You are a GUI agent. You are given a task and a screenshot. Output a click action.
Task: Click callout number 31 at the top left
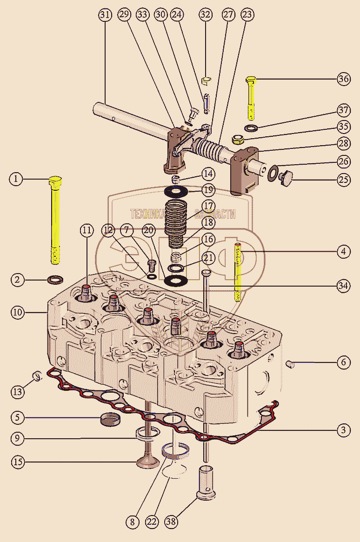pos(106,15)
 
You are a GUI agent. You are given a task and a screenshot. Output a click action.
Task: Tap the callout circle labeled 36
pos(344,79)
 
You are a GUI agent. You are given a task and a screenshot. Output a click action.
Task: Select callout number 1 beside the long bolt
pos(16,179)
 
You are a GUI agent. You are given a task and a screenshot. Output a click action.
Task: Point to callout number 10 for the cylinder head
pos(17,312)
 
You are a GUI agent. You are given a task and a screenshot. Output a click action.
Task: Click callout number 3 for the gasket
pos(344,430)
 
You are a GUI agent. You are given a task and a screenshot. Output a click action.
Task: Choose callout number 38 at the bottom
pos(172,522)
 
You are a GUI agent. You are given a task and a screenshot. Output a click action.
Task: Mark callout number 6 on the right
pos(344,362)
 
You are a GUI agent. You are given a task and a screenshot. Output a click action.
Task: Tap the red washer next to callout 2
pos(56,280)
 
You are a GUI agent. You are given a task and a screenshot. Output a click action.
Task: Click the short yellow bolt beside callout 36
pos(251,98)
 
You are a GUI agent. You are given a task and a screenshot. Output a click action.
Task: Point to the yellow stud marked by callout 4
pos(238,272)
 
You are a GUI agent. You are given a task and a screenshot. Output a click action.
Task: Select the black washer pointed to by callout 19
pos(177,191)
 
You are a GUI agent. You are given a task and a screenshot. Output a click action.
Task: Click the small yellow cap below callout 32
pos(207,82)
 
